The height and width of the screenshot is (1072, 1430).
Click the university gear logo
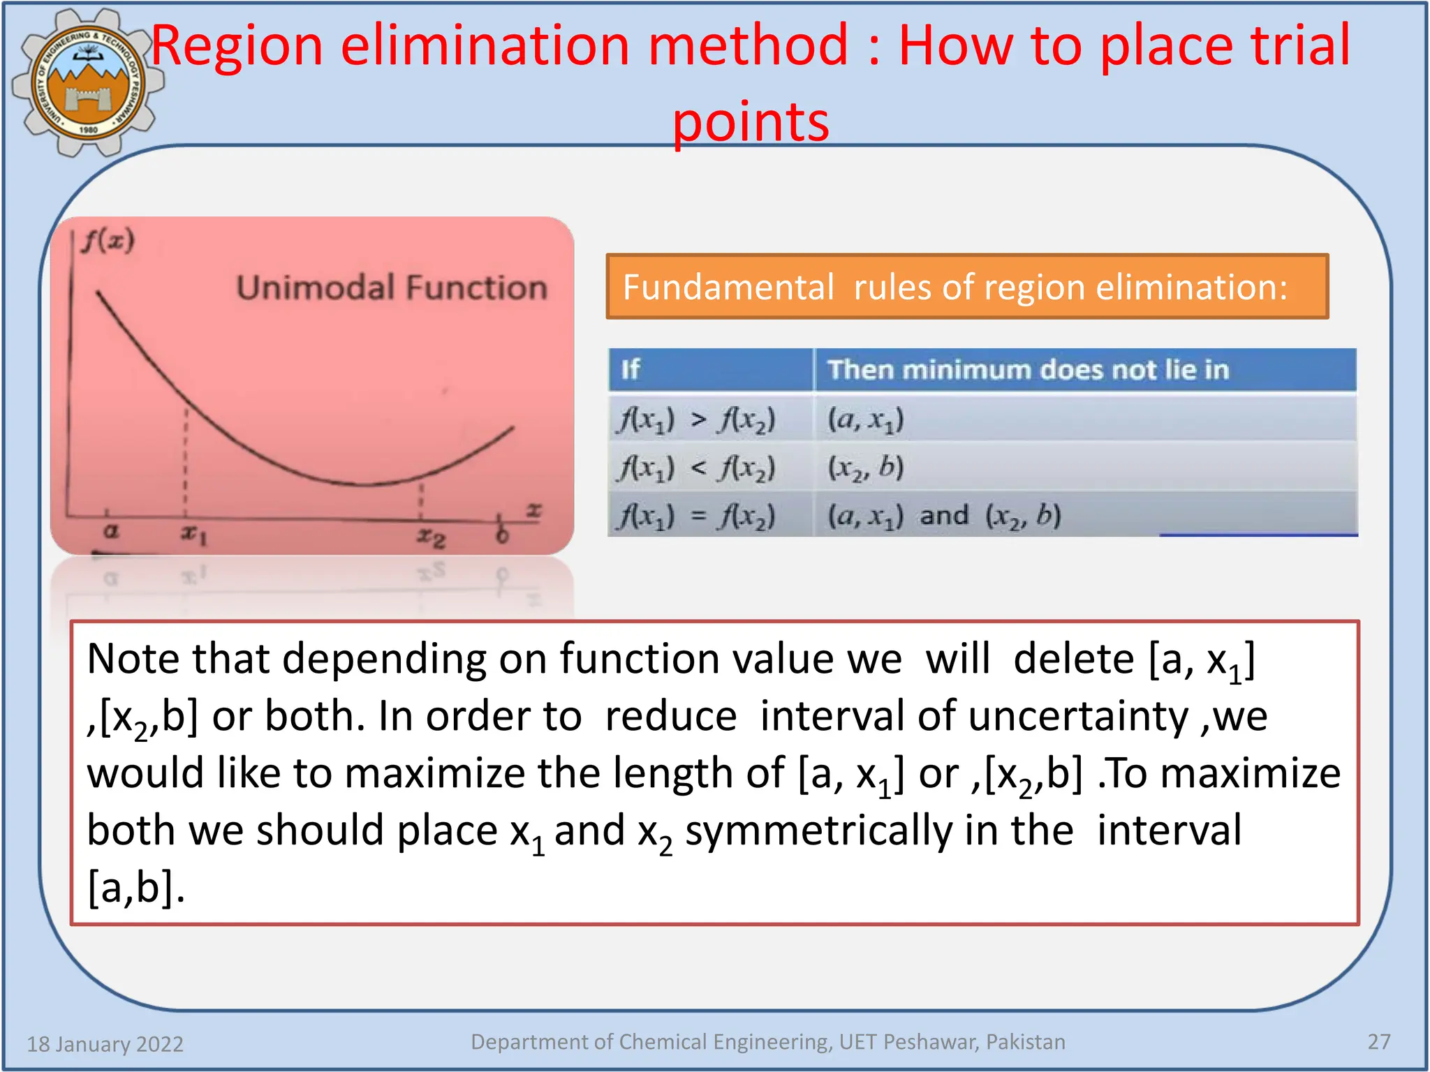tap(88, 82)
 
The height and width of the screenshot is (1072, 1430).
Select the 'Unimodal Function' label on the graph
tap(391, 288)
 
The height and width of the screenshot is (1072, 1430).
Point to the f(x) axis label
tap(108, 241)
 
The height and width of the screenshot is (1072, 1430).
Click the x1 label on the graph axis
tap(193, 535)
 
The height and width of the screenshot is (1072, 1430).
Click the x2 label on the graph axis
tap(431, 537)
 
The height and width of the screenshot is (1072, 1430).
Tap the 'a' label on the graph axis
tap(110, 531)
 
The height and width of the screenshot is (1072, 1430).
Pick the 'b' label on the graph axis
tap(501, 535)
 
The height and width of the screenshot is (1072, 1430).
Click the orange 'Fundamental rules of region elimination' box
tap(966, 287)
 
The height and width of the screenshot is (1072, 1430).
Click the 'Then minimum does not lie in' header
tap(1028, 369)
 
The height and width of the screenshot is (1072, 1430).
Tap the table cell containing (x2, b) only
tap(866, 468)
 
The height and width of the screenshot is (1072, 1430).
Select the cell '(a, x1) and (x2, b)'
tap(944, 516)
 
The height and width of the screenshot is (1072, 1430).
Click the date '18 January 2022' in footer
tap(105, 1043)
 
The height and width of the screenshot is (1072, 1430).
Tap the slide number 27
tap(1378, 1042)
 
